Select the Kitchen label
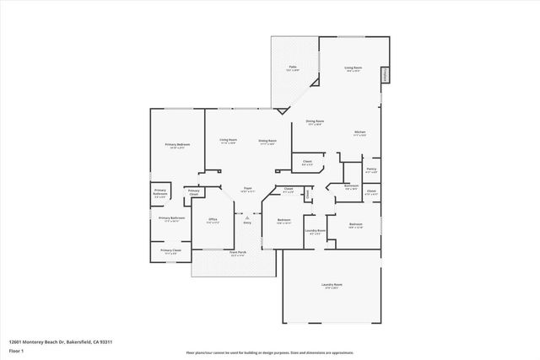[359, 132]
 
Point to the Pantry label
[371, 170]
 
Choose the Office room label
[213, 219]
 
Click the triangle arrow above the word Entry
[247, 217]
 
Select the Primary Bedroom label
[177, 145]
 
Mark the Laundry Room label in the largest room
[332, 285]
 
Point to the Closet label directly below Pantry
[371, 191]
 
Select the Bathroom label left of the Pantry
[352, 185]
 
